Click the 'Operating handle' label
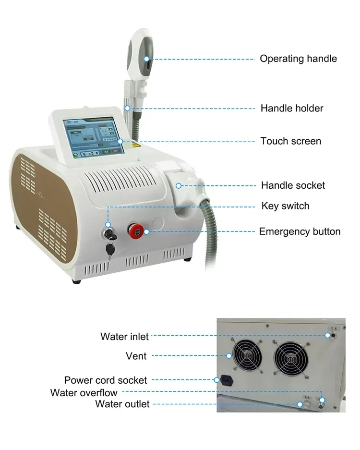[298, 59]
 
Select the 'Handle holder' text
[291, 109]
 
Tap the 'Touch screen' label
[290, 141]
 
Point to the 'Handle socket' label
[293, 185]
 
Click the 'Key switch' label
[285, 206]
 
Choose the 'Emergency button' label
[300, 231]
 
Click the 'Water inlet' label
[124, 336]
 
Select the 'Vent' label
[136, 356]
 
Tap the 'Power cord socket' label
[106, 380]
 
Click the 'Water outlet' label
[122, 404]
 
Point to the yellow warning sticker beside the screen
[136, 143]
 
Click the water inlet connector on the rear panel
[329, 335]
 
